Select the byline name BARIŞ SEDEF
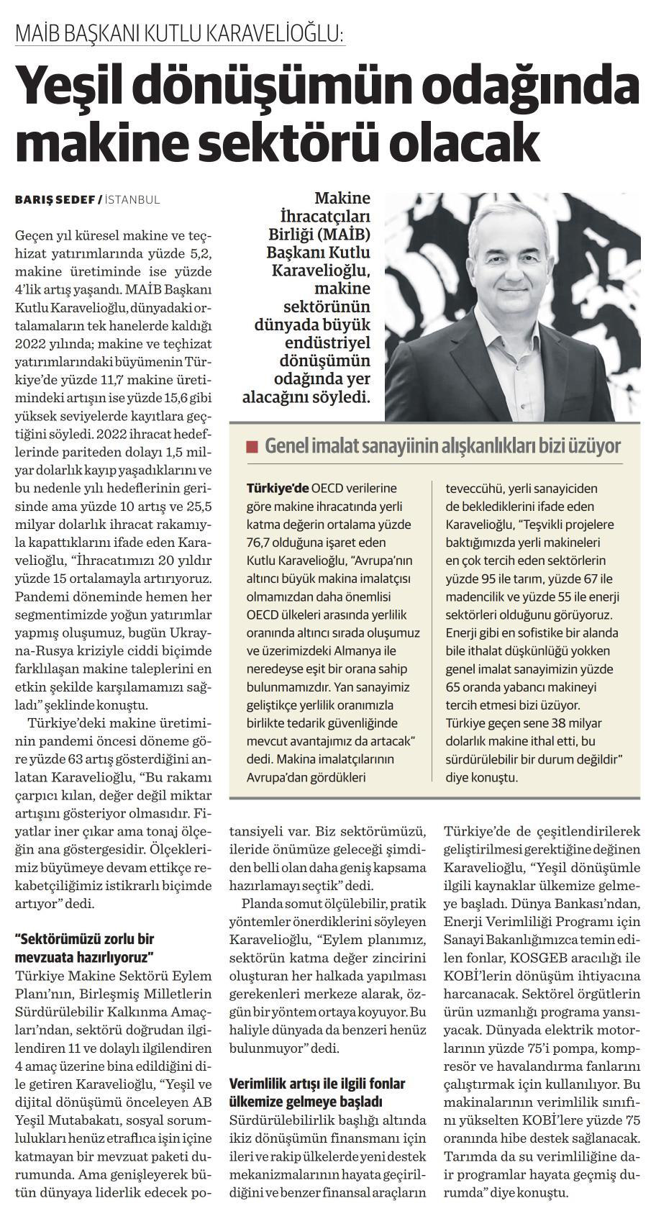(x=58, y=199)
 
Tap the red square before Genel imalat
(x=251, y=446)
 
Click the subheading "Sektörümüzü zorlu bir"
(x=85, y=938)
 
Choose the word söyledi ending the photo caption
(x=339, y=396)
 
